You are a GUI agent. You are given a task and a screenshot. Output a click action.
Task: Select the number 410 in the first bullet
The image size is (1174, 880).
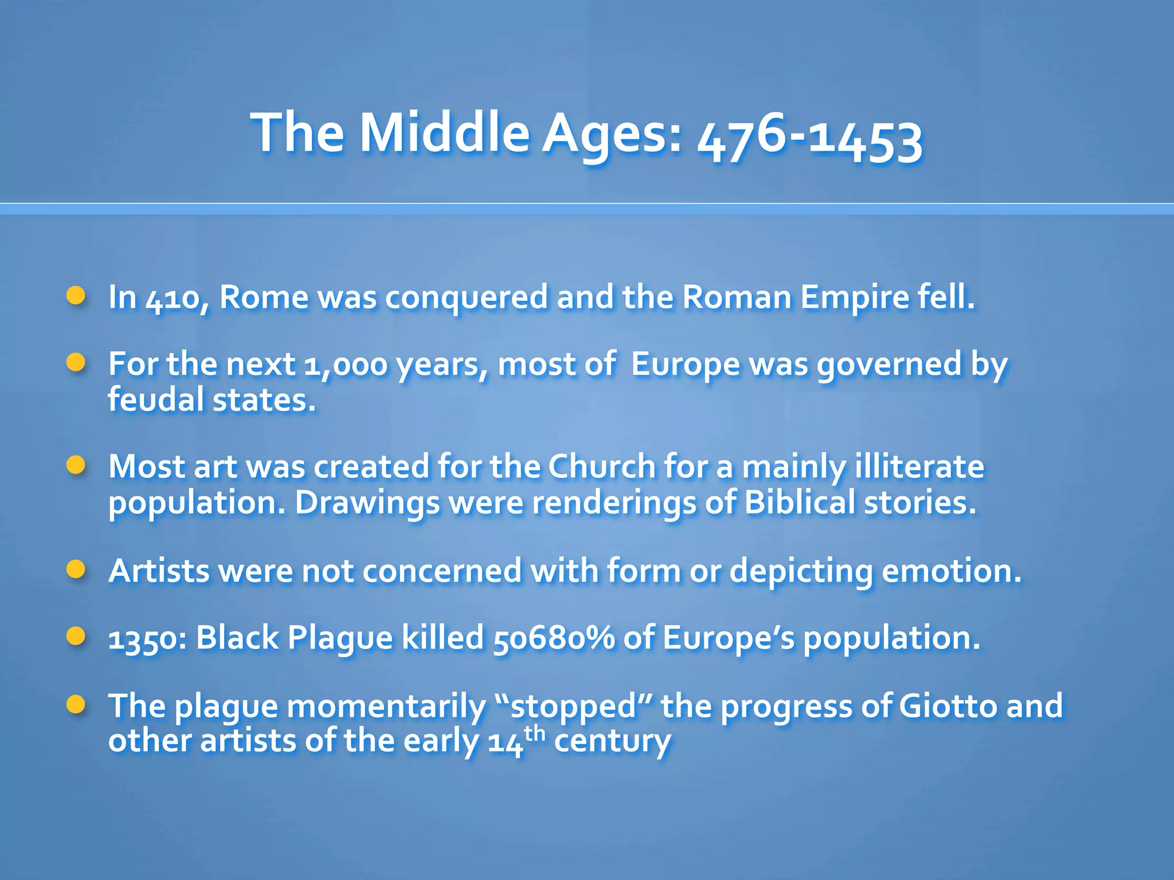coord(172,298)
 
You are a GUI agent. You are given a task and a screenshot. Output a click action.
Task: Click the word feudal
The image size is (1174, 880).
coord(155,400)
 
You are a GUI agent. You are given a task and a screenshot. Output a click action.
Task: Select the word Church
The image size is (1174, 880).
coord(602,467)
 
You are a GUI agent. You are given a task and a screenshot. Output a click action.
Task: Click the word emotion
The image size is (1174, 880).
coord(952,571)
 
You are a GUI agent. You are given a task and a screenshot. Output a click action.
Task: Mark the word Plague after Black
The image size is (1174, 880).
coord(340,638)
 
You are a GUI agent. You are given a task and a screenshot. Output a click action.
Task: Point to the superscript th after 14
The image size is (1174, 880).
coord(534,733)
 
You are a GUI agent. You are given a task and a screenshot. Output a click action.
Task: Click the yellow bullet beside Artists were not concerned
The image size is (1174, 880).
coord(76,569)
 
